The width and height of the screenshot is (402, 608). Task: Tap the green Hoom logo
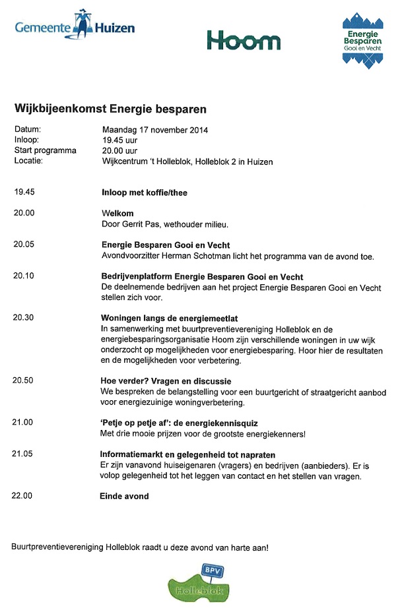[x=244, y=41]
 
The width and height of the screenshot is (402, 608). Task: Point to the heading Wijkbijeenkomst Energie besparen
[x=110, y=107]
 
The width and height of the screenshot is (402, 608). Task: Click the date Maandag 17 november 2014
[x=154, y=130]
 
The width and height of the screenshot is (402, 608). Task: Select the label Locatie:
[x=28, y=161]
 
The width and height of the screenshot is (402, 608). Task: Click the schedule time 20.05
[x=23, y=245]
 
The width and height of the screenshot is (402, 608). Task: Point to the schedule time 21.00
[x=23, y=423]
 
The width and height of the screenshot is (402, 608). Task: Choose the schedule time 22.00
[x=23, y=496]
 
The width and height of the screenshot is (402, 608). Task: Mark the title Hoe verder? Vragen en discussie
[x=166, y=380]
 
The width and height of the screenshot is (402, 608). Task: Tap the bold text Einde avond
[x=124, y=496]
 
